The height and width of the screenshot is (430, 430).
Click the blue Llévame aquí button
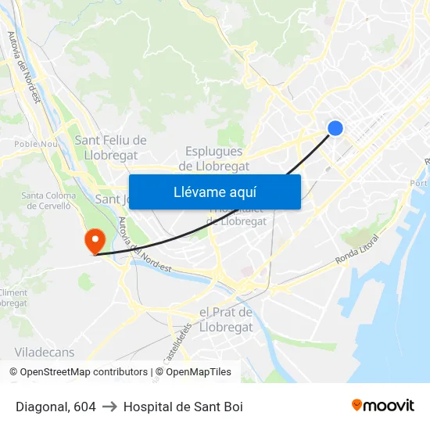[214, 192]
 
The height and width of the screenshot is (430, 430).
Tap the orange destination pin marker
[95, 239]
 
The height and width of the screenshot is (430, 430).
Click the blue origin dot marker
[335, 128]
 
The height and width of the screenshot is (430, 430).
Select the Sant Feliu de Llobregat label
[111, 147]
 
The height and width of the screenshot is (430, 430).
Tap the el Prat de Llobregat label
[226, 320]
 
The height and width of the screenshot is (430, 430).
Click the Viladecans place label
[45, 352]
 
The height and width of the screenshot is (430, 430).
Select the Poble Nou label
[37, 144]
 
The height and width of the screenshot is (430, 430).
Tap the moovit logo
[383, 406]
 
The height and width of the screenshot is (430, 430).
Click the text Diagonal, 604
[56, 407]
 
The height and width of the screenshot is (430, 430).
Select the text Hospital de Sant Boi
[183, 407]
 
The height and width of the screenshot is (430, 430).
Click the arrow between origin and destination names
[109, 407]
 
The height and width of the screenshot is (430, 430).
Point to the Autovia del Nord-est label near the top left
[23, 66]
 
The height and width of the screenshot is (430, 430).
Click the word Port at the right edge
[419, 183]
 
